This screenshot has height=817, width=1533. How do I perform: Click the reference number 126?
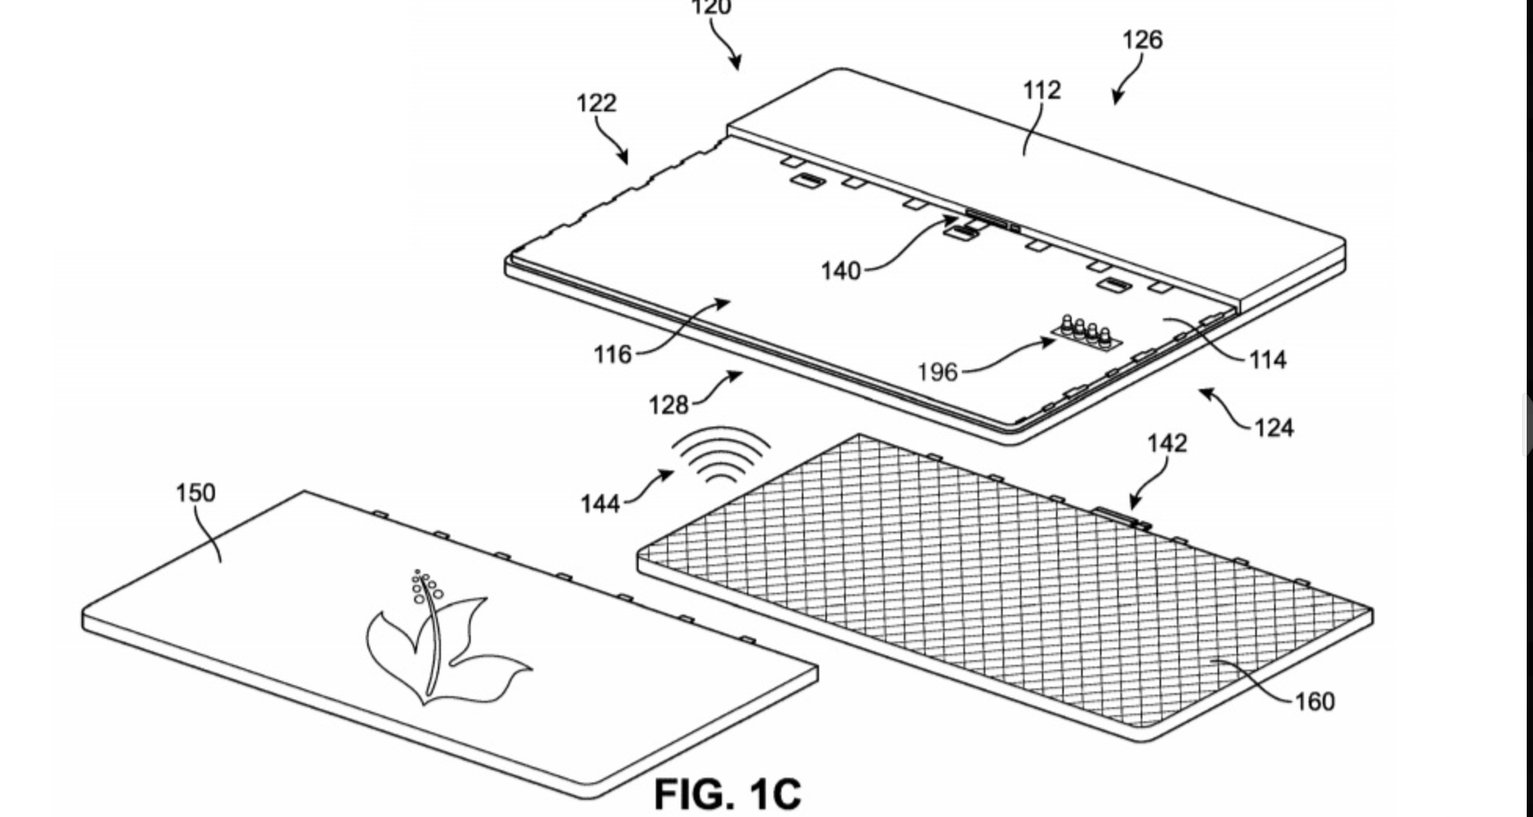tap(1142, 40)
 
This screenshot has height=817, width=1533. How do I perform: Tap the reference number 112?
tap(1042, 90)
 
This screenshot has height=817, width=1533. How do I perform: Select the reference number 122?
tap(596, 103)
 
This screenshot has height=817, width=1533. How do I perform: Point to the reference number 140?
tap(841, 271)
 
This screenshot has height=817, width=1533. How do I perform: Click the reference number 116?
tap(613, 355)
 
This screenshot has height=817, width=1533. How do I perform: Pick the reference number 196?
tap(938, 372)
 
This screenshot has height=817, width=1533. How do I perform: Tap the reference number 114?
tap(1268, 360)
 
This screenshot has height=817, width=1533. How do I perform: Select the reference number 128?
tap(668, 405)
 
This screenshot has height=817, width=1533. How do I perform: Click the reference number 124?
tap(1274, 428)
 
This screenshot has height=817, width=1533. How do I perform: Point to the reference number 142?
tap(1167, 444)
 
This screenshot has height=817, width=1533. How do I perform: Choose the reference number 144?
tap(600, 503)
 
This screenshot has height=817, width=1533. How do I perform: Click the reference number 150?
tap(195, 493)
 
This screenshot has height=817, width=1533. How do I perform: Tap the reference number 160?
tap(1315, 701)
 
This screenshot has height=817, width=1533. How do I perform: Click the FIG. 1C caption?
tap(728, 793)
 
